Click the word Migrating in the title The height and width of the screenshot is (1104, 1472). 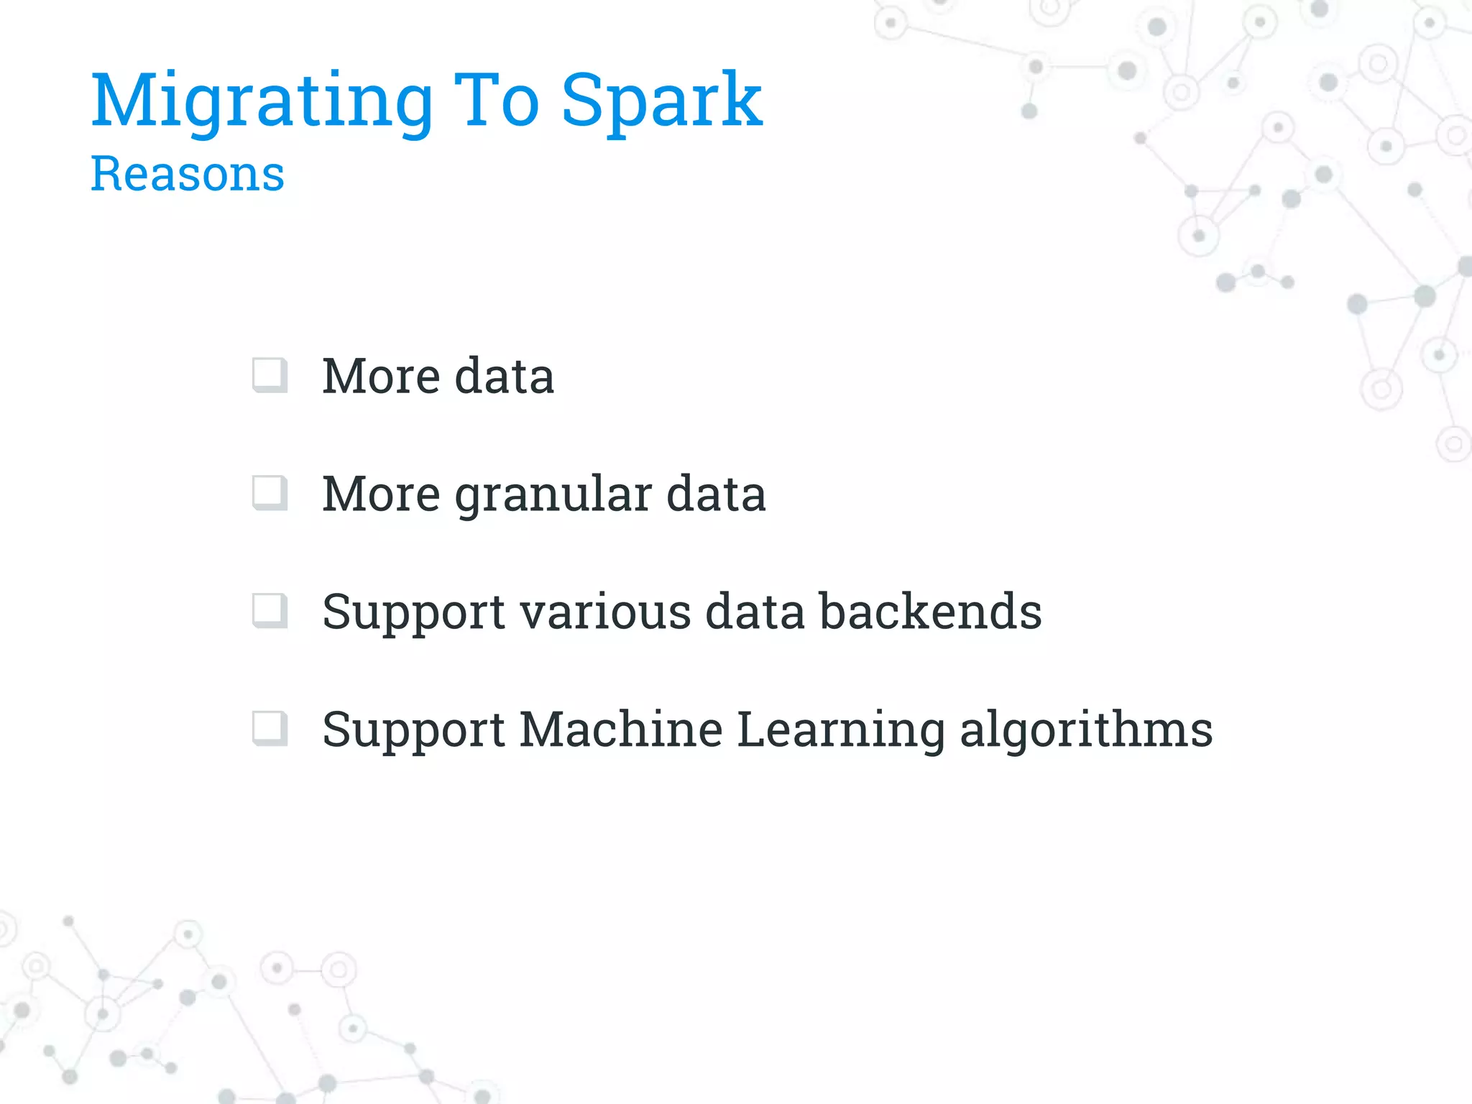coord(262,102)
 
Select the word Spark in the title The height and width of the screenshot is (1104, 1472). coord(661,102)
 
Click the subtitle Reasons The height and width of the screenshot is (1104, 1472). coord(188,174)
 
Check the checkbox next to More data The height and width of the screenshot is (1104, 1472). coord(270,375)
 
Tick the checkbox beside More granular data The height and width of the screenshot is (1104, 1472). coord(270,493)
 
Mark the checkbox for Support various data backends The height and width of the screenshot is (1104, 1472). coord(270,611)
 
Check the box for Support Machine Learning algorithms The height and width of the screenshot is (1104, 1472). coord(270,729)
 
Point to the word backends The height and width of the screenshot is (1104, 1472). coord(931,612)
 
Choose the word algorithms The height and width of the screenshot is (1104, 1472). coord(1086,731)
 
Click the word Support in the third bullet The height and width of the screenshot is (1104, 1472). coord(413,613)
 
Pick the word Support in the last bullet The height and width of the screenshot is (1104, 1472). coord(413,731)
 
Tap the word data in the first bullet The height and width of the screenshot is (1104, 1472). coord(505,376)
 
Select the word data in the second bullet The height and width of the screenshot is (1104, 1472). coord(716,494)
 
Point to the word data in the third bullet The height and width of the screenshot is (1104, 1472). coord(755,612)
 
